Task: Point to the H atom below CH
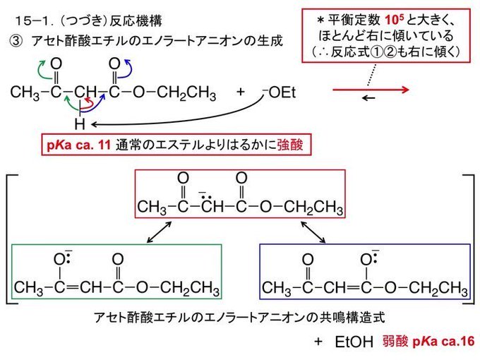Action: pyautogui.click(x=80, y=124)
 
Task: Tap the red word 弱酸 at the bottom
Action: pyautogui.click(x=395, y=342)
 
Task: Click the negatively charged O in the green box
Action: pyautogui.click(x=59, y=258)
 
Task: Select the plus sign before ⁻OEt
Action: pyautogui.click(x=240, y=92)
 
